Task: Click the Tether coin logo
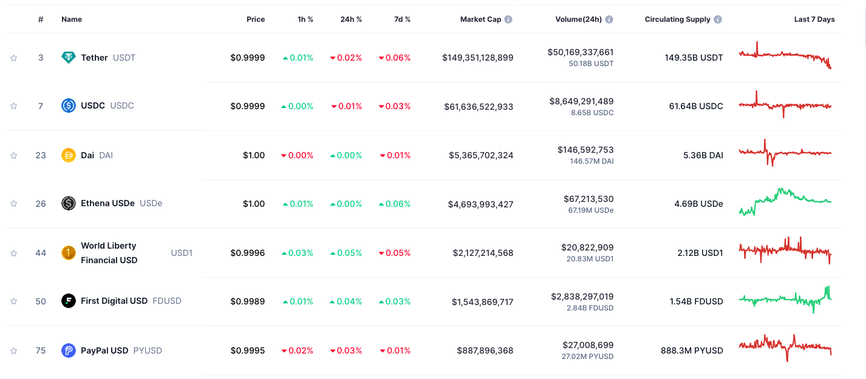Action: [69, 58]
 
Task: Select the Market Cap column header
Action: [480, 19]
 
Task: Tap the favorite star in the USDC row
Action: [13, 106]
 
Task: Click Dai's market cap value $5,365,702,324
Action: [481, 155]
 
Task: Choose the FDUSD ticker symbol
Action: [167, 301]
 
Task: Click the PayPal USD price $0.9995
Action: [247, 350]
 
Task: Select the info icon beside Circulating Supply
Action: [718, 19]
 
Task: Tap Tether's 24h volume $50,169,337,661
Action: [580, 52]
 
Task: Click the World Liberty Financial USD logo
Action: [69, 253]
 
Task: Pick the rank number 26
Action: [41, 204]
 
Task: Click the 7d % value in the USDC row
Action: [395, 106]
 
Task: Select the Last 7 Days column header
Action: [814, 19]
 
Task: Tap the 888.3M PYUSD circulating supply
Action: [692, 350]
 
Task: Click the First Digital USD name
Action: [114, 301]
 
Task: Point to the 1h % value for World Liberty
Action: [298, 253]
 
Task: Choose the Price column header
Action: [256, 19]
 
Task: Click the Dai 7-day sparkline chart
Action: [785, 153]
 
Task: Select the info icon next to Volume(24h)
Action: [609, 19]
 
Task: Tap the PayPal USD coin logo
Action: [69, 350]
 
